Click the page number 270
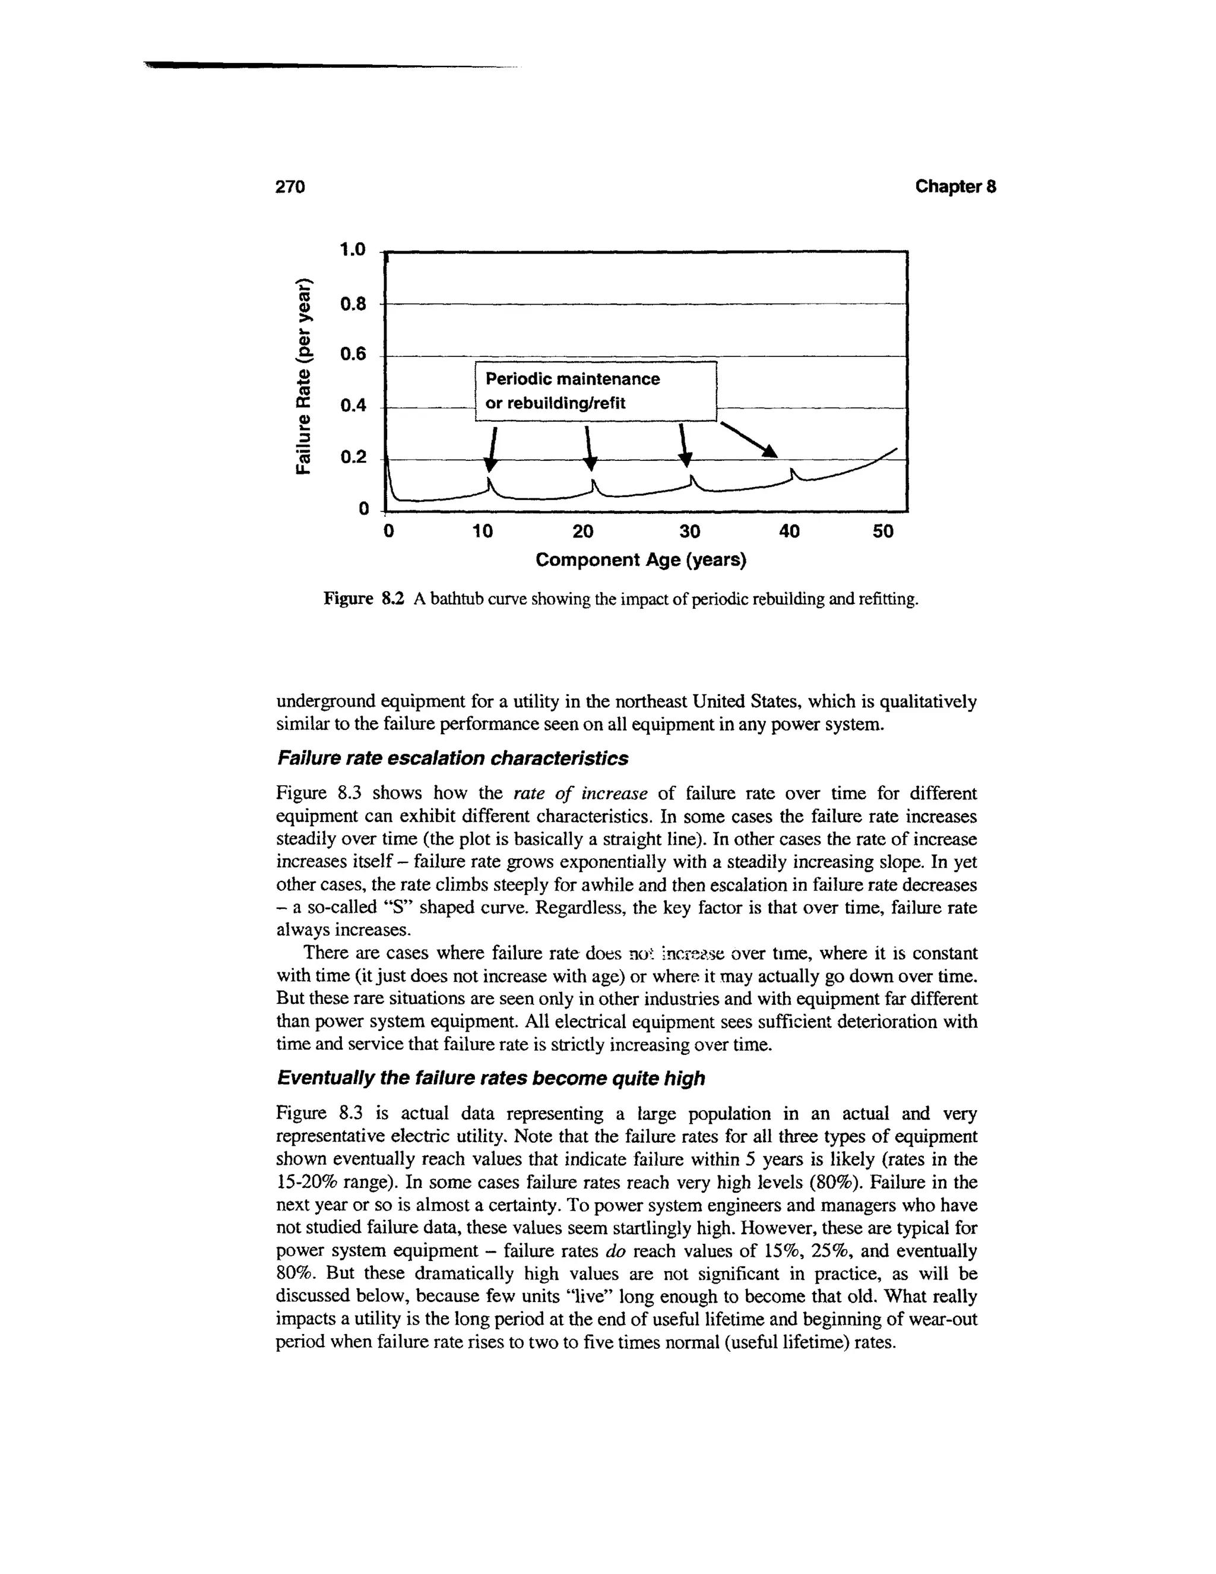pos(291,187)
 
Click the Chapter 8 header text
pos(955,187)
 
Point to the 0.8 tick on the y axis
pos(353,304)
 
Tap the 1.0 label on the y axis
pos(353,250)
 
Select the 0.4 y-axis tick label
pos(353,406)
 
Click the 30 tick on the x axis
pos(689,532)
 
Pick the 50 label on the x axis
pos(882,532)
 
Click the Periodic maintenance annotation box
pos(597,391)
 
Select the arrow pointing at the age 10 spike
pos(493,449)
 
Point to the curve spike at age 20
pos(593,483)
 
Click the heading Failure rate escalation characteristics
pos(452,758)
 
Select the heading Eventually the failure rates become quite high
pos(490,1078)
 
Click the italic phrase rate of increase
pos(581,794)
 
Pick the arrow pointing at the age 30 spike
pos(685,445)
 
